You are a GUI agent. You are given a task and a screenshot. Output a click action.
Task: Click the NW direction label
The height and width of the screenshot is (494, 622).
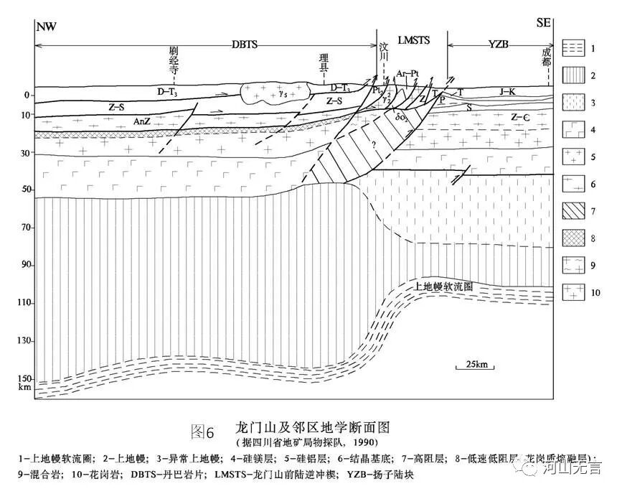(x=46, y=27)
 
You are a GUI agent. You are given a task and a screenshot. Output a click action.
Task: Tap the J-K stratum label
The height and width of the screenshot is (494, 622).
(x=509, y=91)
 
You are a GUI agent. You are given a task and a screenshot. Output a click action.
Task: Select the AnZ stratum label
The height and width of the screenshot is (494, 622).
(x=142, y=122)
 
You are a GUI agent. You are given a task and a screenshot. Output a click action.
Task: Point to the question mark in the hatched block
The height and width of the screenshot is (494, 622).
(x=372, y=144)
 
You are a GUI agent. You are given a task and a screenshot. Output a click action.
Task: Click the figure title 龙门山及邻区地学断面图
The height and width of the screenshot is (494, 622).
(x=312, y=428)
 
